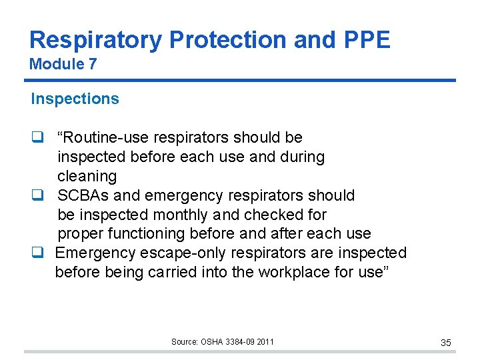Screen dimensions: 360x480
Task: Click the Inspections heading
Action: pyautogui.click(x=75, y=99)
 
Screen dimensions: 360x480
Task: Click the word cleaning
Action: pyautogui.click(x=87, y=177)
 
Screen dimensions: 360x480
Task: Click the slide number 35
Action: pyautogui.click(x=446, y=343)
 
